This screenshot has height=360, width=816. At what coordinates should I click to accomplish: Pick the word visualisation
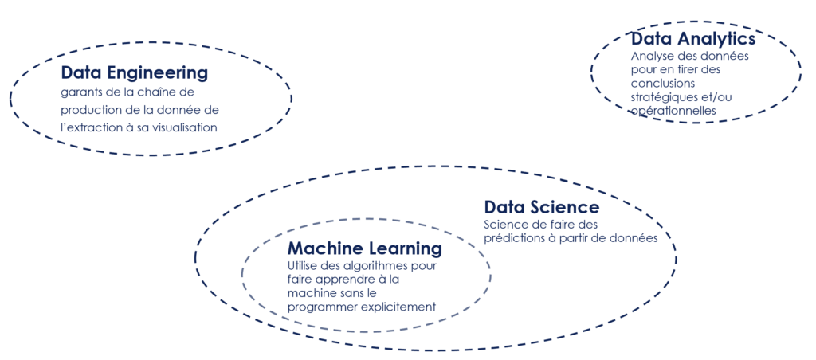[x=186, y=127]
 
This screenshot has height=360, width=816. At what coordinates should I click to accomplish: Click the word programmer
[x=322, y=307]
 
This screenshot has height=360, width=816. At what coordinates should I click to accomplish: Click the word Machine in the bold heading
[x=321, y=248]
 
